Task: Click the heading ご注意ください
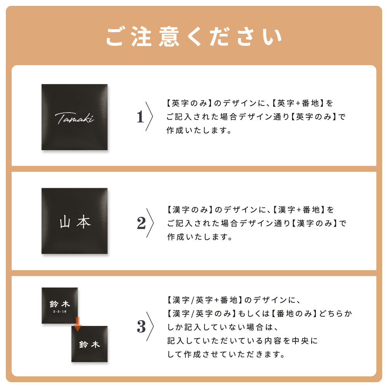pos(194,36)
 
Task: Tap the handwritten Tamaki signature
pos(74,118)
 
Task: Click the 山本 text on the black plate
pos(75,221)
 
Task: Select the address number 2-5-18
pos(60,312)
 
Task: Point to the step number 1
pos(140,117)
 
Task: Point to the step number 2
pos(141,223)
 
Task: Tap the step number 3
pos(141,327)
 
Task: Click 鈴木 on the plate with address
pos(60,304)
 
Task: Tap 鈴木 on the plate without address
pos(90,344)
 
